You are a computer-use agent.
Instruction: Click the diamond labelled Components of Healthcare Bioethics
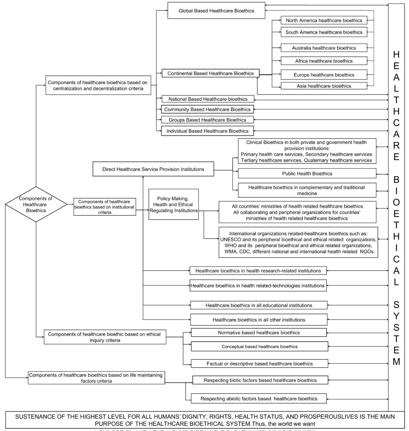[x=36, y=204]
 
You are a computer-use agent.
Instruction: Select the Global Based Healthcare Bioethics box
[x=216, y=11]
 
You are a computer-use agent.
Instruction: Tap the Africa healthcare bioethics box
[x=324, y=61]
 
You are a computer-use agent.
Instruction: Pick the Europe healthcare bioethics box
[x=324, y=75]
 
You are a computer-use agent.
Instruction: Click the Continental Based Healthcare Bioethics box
[x=210, y=73]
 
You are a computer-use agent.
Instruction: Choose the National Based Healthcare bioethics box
[x=208, y=99]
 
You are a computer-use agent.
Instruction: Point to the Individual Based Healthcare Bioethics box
[x=207, y=131]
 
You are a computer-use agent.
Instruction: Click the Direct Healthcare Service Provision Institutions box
[x=153, y=169]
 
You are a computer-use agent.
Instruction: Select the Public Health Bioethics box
[x=307, y=174]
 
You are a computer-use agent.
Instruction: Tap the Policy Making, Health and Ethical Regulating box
[x=173, y=204]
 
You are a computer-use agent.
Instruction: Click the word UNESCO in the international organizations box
[x=231, y=239]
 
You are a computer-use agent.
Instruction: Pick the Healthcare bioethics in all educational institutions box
[x=259, y=305]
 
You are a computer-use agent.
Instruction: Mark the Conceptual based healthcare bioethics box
[x=259, y=347]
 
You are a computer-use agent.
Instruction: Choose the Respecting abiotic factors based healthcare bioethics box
[x=259, y=399]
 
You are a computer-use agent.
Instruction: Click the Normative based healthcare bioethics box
[x=259, y=333]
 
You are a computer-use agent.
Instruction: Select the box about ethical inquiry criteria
[x=104, y=337]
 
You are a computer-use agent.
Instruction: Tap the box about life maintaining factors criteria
[x=96, y=378]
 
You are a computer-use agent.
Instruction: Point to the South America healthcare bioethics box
[x=324, y=32]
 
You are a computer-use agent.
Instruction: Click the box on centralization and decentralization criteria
[x=98, y=85]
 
